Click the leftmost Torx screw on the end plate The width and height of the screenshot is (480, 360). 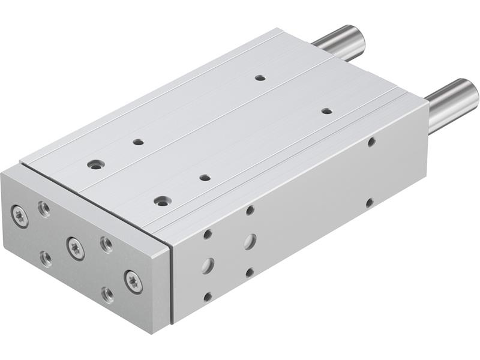pos(20,217)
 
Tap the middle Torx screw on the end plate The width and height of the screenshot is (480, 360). pos(76,248)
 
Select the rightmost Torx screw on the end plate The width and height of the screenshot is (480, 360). pos(133,281)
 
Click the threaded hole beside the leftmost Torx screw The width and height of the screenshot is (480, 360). pos(44,209)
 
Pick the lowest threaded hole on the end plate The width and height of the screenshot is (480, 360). pos(107,294)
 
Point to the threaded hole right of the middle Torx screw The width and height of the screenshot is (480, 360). pos(106,244)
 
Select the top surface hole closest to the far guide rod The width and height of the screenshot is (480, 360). pos(260,77)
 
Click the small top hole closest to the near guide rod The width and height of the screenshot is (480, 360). pos(326,111)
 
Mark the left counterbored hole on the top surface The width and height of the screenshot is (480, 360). pos(95,164)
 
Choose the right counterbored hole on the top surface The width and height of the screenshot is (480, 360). pos(161,201)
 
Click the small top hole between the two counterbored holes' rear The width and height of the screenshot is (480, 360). pos(138,142)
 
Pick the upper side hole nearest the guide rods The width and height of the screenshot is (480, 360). pos(371,142)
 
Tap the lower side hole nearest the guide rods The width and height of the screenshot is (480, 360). pos(370,203)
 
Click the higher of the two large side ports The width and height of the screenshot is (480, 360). pos(250,241)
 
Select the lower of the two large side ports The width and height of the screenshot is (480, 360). pos(208,265)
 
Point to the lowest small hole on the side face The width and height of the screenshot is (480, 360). pos(208,296)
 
